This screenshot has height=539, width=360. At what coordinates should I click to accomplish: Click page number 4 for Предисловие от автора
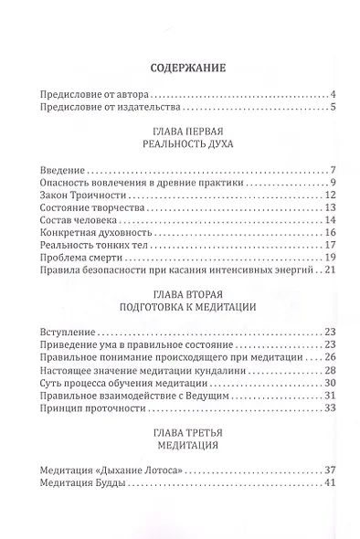point(335,96)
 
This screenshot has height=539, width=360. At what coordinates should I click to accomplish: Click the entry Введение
point(63,172)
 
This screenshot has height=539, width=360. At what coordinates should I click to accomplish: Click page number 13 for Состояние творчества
point(332,209)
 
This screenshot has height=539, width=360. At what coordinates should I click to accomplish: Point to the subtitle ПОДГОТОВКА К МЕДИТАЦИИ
point(179,322)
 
